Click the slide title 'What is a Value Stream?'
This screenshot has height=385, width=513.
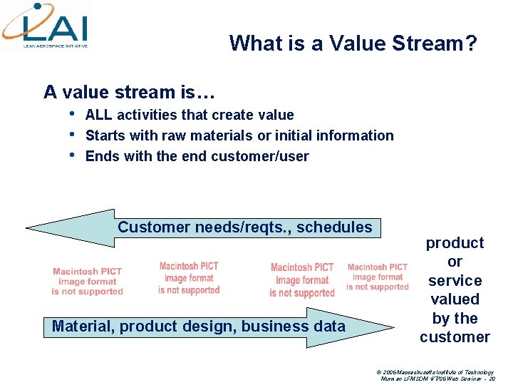point(353,43)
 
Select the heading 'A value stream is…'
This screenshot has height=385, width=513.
point(129,92)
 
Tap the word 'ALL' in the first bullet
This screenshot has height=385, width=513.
point(99,115)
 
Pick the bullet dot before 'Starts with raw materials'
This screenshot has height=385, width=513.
point(72,134)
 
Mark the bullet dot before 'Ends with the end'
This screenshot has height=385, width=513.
point(72,155)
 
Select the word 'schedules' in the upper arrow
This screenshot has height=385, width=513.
point(334,227)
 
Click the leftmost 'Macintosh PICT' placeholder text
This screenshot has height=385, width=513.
point(87,281)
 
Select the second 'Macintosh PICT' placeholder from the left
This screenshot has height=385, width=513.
point(189,278)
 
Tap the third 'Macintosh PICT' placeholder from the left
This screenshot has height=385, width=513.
point(302,280)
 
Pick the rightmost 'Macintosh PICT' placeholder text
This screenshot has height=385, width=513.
point(378,277)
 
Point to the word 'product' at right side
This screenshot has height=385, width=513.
point(455,243)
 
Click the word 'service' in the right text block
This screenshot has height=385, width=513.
point(455,281)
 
